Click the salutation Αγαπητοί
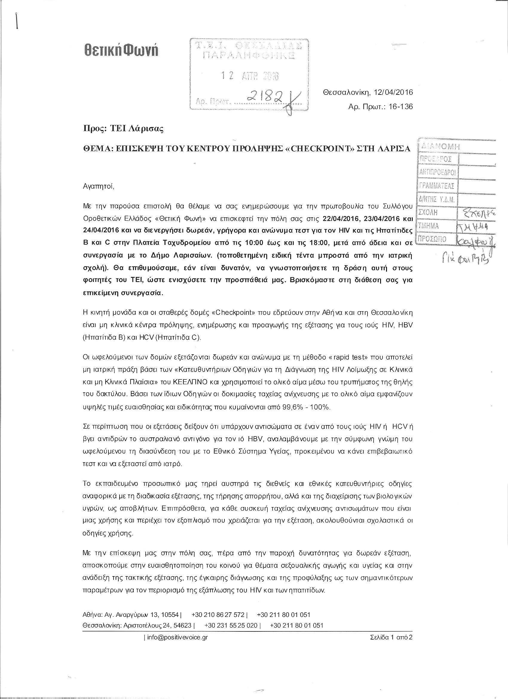coord(99,186)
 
